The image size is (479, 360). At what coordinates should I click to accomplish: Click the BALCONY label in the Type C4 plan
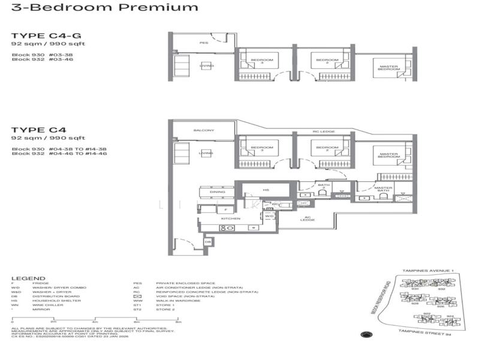[200, 130]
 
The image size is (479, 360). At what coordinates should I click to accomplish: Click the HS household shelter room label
[266, 190]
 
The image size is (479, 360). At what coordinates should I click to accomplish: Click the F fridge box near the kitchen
[225, 210]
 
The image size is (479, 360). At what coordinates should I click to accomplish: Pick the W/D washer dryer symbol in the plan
[270, 215]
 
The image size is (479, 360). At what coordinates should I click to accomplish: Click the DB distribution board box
[207, 242]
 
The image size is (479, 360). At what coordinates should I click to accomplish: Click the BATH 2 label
[324, 187]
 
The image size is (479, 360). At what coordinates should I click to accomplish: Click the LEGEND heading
[28, 278]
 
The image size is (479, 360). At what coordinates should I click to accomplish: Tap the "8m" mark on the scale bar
[178, 322]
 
